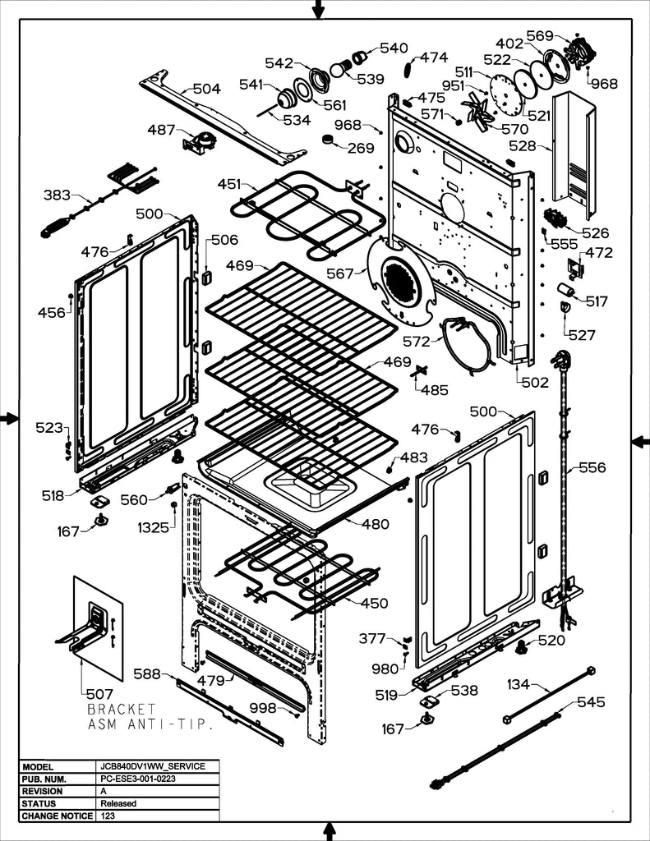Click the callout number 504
[x=206, y=90]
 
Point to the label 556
[x=592, y=468]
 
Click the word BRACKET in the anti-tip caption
[x=121, y=709]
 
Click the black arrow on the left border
[x=9, y=419]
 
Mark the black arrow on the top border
[x=319, y=9]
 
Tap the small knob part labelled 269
[x=330, y=140]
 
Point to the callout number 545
[x=591, y=702]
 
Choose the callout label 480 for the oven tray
[x=376, y=525]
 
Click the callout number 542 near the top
[x=279, y=63]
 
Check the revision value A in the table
[x=104, y=791]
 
